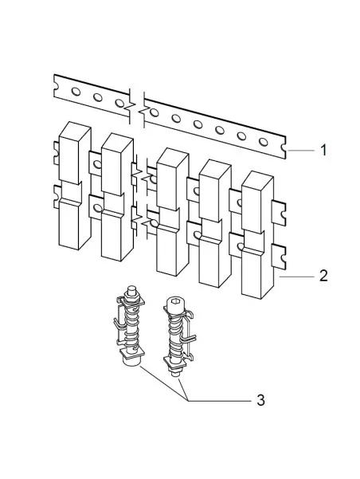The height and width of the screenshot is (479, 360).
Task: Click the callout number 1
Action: (323, 150)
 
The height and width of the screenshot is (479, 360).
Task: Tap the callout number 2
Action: (323, 276)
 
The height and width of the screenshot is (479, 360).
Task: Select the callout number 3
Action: (260, 400)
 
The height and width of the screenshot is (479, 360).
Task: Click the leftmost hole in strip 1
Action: (76, 92)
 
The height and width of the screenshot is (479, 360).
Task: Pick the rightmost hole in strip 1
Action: (263, 142)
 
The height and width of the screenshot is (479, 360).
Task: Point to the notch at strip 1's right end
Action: (284, 148)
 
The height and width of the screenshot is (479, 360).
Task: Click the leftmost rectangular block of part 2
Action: (75, 186)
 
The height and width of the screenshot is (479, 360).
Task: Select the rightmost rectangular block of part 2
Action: (257, 235)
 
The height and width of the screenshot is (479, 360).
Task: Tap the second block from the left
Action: (117, 197)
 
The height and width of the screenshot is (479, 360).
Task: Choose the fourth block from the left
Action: (215, 223)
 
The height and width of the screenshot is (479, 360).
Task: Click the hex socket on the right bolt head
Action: (175, 301)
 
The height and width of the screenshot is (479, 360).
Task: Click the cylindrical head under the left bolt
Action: (131, 361)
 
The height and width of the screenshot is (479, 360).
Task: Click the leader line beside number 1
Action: (301, 151)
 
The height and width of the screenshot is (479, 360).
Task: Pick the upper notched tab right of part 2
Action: (278, 213)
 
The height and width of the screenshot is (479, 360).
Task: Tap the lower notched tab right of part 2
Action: (278, 257)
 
